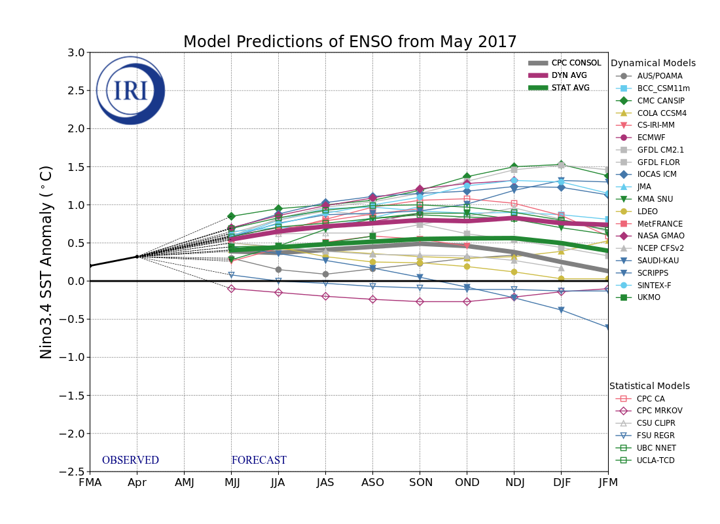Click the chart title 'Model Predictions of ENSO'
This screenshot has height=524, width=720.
tap(350, 43)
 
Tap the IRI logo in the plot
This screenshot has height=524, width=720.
tap(130, 90)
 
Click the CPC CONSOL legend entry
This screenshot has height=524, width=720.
tap(576, 63)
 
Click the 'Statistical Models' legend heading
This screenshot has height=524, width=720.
tap(649, 386)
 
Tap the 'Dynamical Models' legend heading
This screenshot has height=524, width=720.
tap(653, 64)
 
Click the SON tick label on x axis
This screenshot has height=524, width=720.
tap(420, 483)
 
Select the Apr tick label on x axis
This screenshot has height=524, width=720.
tap(137, 483)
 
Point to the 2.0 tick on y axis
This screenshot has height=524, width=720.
tap(76, 128)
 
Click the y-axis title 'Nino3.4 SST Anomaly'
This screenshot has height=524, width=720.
tap(46, 262)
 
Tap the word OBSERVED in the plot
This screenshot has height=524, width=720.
tap(130, 460)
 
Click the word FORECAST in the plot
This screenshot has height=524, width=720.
tap(259, 460)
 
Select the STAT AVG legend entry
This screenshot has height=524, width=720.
tap(570, 88)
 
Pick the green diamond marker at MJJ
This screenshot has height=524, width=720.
tap(231, 216)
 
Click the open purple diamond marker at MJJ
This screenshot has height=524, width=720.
tap(231, 289)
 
